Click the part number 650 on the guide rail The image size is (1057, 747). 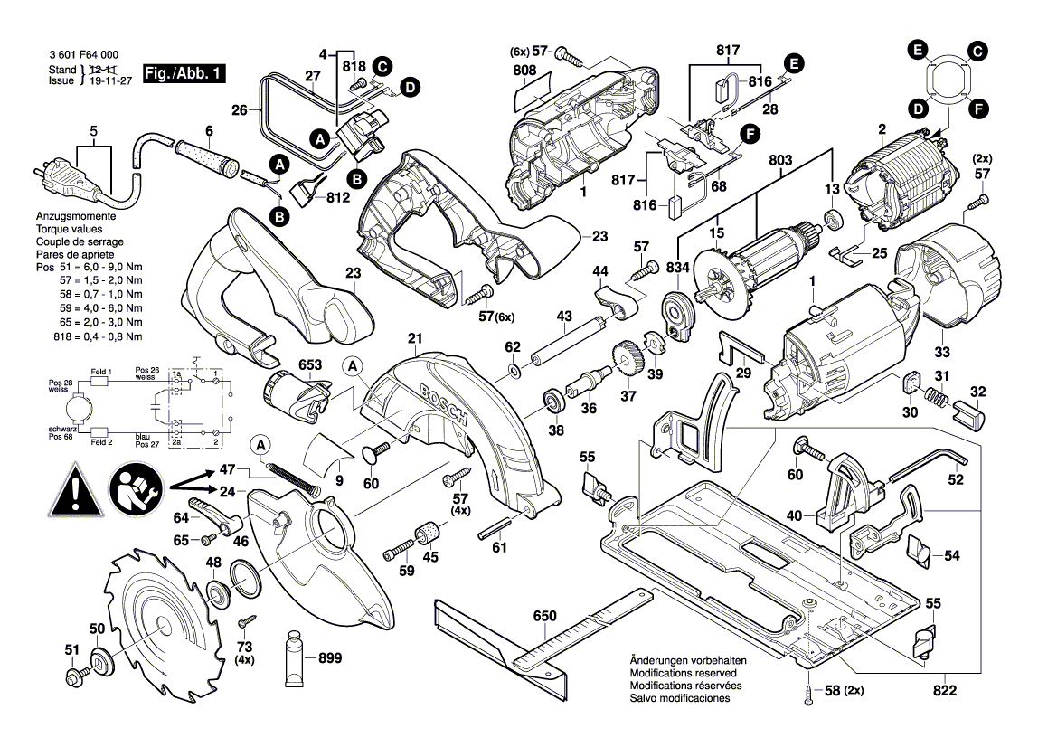(x=544, y=617)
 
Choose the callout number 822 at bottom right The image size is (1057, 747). (x=941, y=690)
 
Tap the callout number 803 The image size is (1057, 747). (x=780, y=161)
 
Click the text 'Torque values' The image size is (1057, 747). (x=68, y=231)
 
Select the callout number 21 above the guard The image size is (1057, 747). (x=414, y=339)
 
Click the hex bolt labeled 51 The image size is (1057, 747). (x=73, y=676)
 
